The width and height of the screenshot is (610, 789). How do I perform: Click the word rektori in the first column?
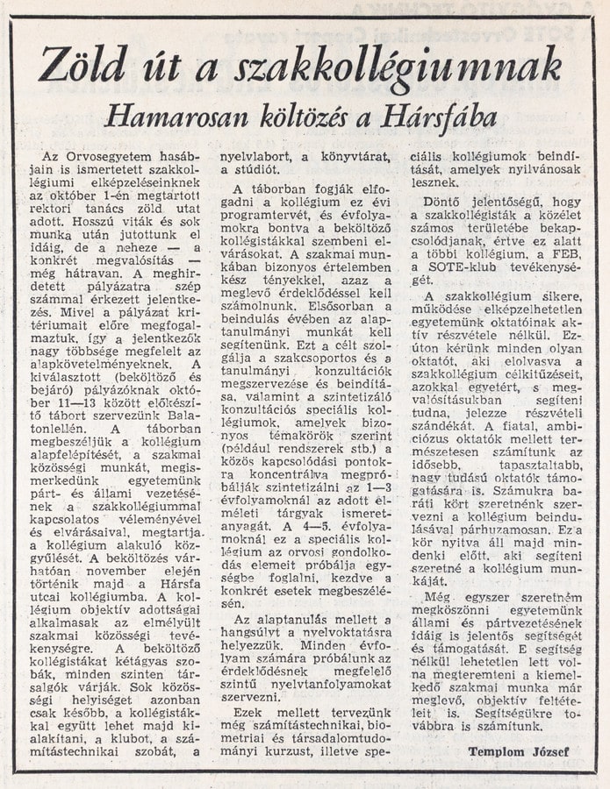pyautogui.click(x=63, y=210)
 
